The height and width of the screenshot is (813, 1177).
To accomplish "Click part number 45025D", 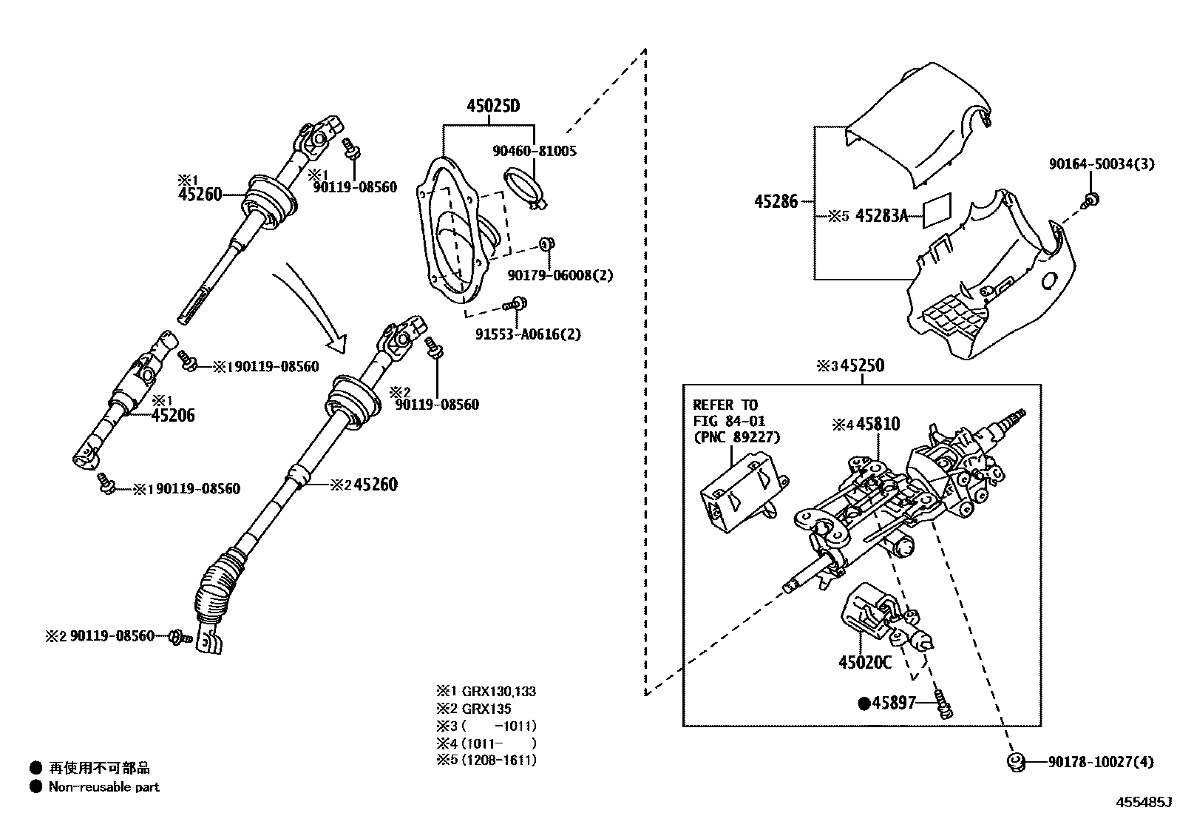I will coord(492,107).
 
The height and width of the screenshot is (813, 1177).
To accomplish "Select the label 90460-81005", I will coord(534,151).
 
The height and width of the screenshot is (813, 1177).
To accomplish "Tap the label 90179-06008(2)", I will coord(560,275).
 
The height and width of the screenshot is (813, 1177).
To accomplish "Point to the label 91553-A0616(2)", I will coord(528,334).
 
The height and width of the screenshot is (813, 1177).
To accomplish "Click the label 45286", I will coord(776,201).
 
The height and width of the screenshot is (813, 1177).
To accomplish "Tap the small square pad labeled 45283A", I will coord(937,211).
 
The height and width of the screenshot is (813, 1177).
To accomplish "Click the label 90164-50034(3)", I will coord(1100,164).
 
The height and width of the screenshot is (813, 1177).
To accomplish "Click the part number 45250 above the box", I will coord(862,366).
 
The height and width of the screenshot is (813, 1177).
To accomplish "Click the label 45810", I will coord(878,425).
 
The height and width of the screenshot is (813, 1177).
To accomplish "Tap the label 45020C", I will coord(865,662).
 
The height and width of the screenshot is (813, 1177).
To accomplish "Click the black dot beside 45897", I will coord(864,704).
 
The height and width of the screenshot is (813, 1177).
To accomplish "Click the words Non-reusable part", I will coord(104,787).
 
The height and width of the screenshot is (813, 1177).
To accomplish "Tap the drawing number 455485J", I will coord(1144,801).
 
